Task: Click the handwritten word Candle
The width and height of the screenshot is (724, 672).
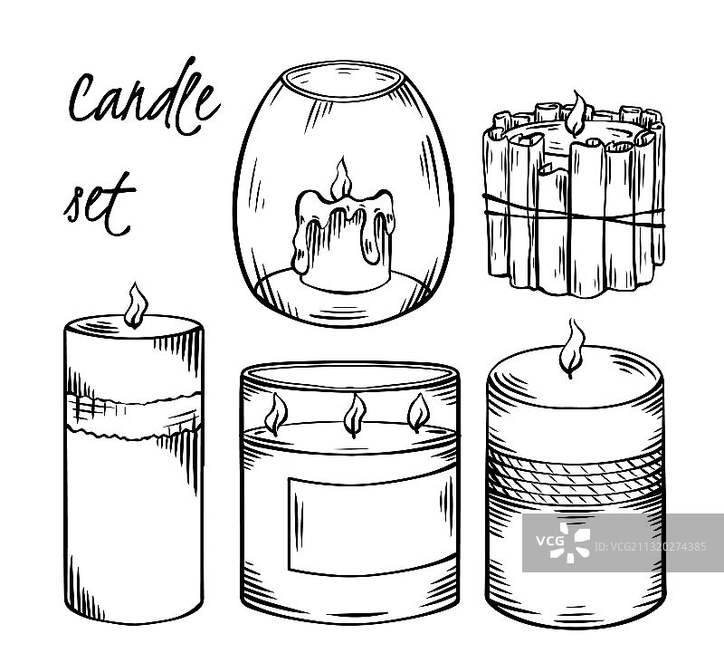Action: [x=143, y=97]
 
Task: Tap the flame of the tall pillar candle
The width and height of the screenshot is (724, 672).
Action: [x=136, y=305]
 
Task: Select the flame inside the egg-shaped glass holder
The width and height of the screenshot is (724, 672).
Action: [x=341, y=179]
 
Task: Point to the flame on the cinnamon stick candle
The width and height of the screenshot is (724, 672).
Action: [x=576, y=113]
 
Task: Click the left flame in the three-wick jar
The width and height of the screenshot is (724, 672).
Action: [x=276, y=414]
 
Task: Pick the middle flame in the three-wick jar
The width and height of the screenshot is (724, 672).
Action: [x=355, y=415]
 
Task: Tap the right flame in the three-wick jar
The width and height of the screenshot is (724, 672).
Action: [x=418, y=412]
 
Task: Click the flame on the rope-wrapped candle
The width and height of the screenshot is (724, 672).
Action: [x=572, y=348]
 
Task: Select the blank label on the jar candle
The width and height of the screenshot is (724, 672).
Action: [x=367, y=526]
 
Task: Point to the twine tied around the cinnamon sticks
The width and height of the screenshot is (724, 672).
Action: [x=574, y=213]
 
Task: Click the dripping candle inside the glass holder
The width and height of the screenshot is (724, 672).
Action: [x=344, y=238]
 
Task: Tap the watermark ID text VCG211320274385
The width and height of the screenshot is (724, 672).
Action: [x=650, y=547]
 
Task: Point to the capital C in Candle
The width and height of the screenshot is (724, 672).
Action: [x=84, y=98]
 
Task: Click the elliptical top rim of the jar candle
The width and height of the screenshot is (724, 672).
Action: [x=349, y=375]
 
